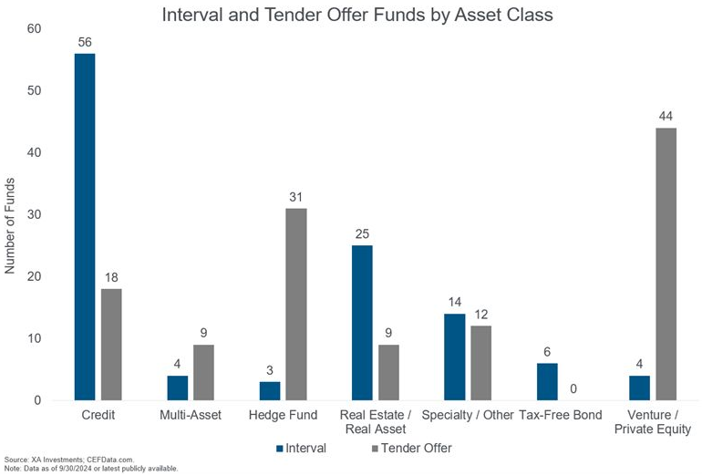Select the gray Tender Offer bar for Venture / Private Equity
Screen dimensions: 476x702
[x=666, y=264]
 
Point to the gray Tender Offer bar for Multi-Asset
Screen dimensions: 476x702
[x=203, y=372]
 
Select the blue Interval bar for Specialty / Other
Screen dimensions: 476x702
[x=455, y=357]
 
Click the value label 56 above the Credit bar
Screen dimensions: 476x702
[x=85, y=42]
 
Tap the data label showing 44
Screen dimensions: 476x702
[x=666, y=117]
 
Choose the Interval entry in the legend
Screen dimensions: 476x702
[x=301, y=449]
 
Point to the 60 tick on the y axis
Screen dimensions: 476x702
[x=34, y=29]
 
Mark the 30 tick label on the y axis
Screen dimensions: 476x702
[x=34, y=215]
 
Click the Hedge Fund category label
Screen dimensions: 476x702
[x=282, y=416]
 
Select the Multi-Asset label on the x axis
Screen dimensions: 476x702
[x=190, y=416]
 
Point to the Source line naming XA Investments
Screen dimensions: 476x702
[x=69, y=459]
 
